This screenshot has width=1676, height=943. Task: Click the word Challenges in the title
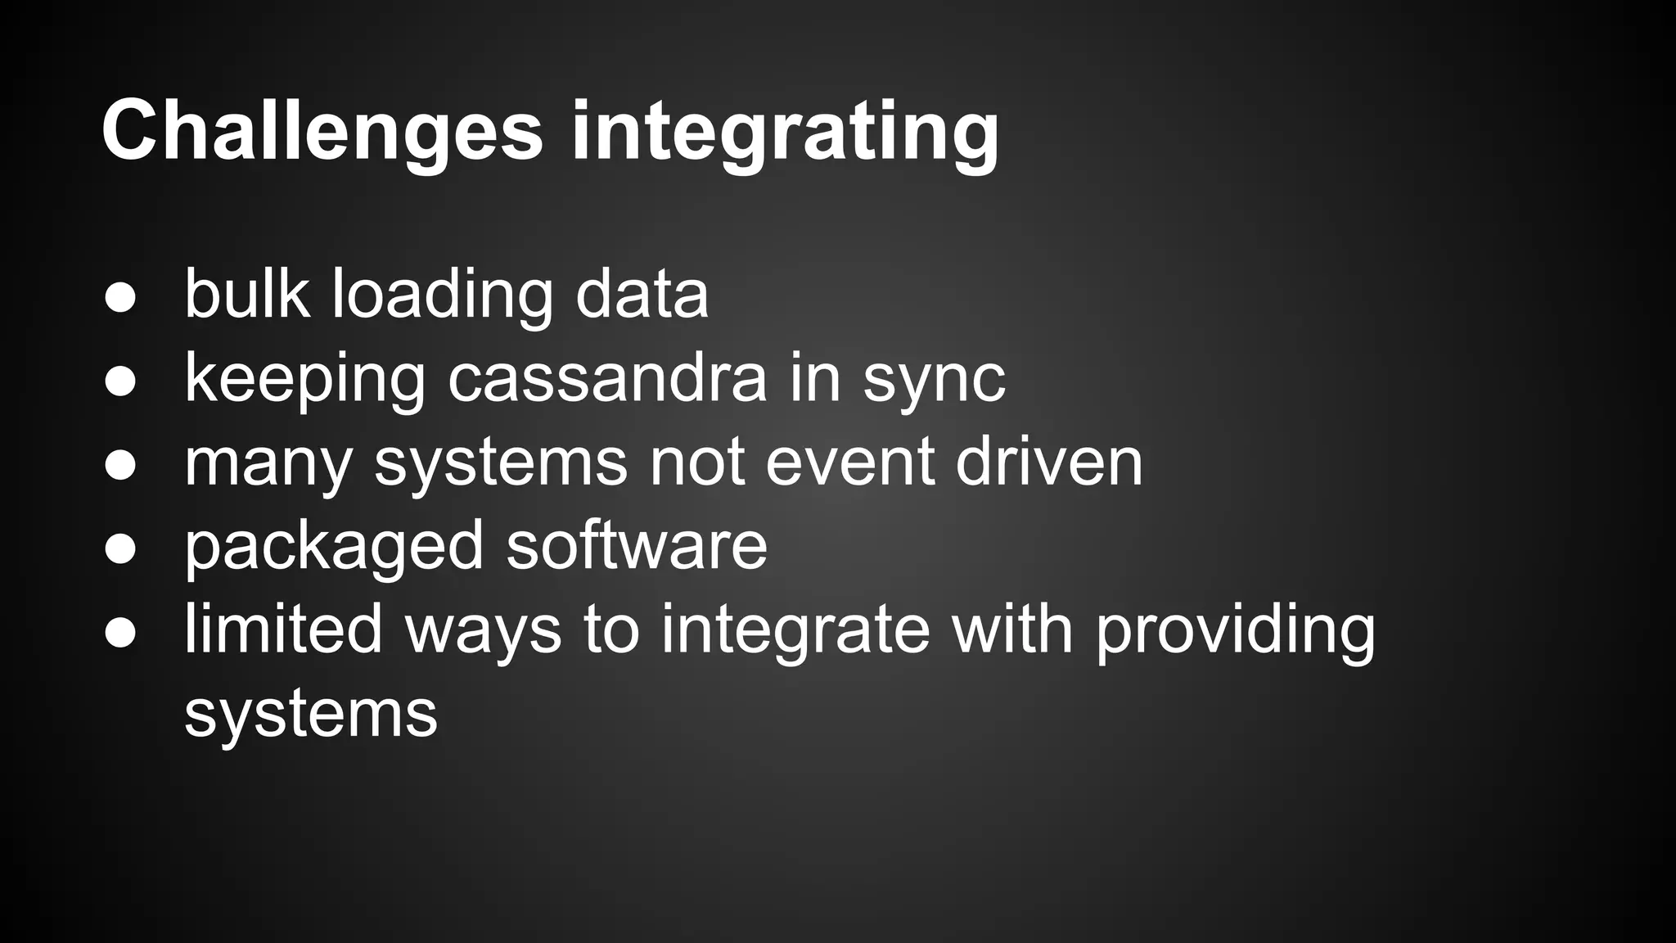322,131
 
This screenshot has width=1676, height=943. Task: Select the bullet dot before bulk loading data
120,298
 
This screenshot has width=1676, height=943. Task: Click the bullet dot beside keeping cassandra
120,381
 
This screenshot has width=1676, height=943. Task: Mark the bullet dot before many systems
120,465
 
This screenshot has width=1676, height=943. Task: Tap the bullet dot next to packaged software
120,549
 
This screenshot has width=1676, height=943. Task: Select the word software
637,546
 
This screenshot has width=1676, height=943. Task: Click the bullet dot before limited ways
120,633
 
